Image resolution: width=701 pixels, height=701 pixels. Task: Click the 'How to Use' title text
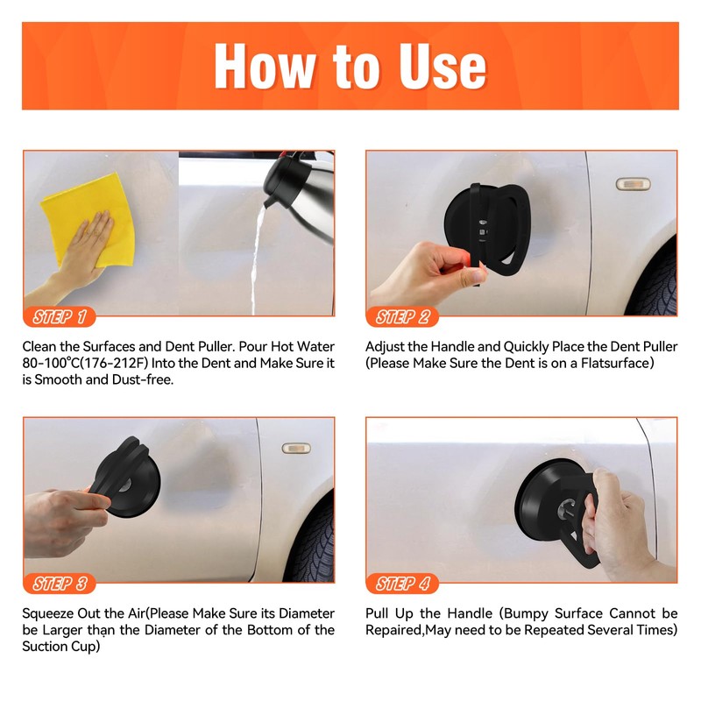(x=350, y=67)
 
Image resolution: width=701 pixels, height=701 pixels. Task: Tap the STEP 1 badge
(x=60, y=317)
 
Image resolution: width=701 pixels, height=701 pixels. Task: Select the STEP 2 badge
(x=402, y=317)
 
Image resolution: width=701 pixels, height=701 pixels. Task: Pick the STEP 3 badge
(x=60, y=584)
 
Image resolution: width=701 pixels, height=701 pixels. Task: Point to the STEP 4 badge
(x=402, y=584)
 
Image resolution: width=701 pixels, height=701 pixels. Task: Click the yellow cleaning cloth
(x=89, y=219)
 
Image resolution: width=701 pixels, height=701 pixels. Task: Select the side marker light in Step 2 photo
(x=633, y=184)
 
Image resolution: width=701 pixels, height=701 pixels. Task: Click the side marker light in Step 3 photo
(x=296, y=448)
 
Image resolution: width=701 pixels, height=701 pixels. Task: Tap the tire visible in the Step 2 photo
(x=654, y=280)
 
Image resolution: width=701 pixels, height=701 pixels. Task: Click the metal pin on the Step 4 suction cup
(x=565, y=508)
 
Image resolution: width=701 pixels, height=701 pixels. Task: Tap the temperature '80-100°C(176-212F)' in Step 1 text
(x=85, y=363)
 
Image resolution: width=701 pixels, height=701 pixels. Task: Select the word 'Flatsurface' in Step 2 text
(x=617, y=363)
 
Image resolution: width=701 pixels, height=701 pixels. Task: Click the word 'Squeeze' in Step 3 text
(x=48, y=613)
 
